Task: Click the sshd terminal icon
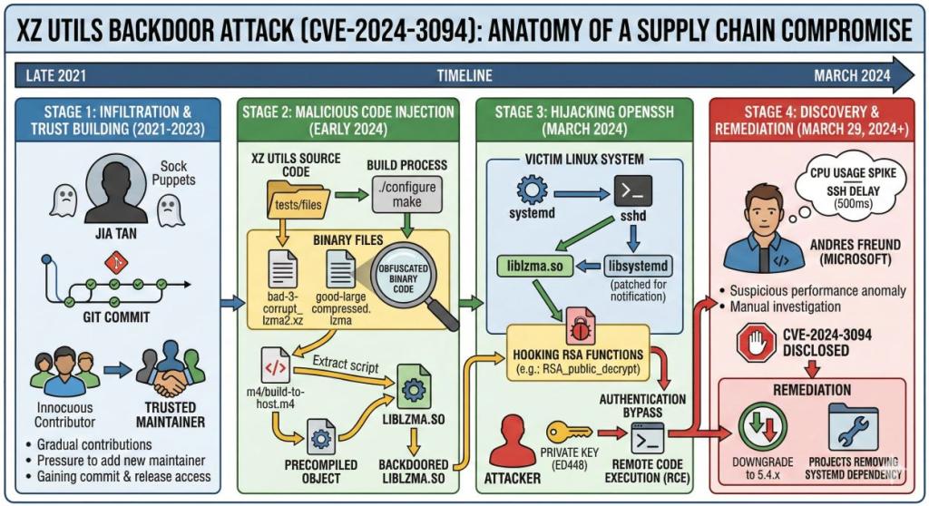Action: [634, 190]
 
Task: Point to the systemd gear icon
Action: [530, 191]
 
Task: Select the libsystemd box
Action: [641, 266]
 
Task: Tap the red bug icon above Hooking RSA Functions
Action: [579, 324]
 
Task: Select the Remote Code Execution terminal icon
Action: [648, 438]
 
